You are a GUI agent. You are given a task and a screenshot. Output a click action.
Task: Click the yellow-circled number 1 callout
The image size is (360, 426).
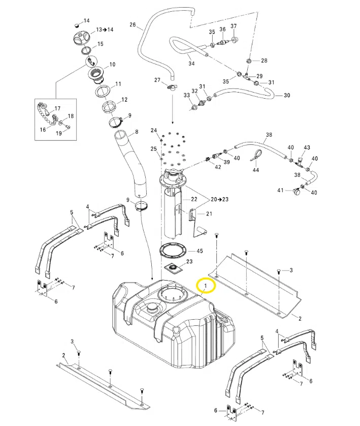206,286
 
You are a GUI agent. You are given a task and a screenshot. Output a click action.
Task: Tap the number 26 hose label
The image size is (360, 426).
133,25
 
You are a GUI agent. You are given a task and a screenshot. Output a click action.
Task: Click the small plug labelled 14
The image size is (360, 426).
77,25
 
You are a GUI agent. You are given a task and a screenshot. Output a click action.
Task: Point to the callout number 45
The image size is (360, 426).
200,251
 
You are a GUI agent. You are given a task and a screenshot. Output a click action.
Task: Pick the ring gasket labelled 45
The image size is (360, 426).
173,251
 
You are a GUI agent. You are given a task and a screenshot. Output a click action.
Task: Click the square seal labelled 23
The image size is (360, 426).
173,269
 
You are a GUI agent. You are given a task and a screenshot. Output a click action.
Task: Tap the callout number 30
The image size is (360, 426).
287,96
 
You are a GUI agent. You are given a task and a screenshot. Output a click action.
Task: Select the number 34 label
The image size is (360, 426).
191,64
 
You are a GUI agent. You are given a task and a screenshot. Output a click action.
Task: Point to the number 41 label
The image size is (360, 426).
280,190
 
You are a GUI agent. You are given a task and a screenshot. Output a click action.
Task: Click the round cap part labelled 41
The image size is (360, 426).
297,191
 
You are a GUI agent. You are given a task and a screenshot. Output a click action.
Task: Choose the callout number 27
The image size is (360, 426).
157,80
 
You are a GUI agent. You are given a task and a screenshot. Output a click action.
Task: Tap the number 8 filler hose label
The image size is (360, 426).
137,132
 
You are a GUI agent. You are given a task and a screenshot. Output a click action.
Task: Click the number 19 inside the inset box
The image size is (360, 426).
59,133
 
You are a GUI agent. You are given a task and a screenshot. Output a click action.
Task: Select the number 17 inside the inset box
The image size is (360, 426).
57,108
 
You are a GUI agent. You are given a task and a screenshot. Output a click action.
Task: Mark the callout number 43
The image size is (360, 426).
307,147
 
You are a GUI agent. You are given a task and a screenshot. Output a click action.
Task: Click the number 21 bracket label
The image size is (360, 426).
209,214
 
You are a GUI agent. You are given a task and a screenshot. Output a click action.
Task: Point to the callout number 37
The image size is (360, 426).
234,26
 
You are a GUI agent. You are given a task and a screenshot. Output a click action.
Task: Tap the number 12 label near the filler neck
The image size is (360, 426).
124,100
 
